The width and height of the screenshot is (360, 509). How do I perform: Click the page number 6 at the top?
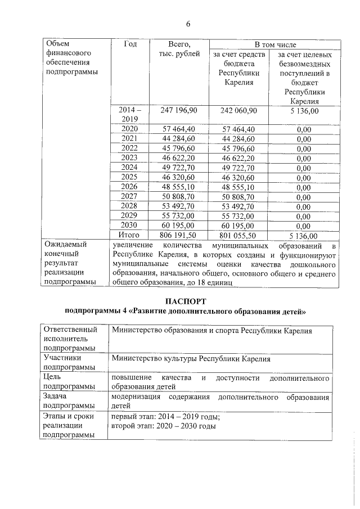[x=188, y=23]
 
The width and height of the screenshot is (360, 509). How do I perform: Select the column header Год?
[x=130, y=44]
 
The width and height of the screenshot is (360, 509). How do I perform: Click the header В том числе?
[x=275, y=44]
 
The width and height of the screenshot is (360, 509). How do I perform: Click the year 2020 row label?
[x=130, y=129]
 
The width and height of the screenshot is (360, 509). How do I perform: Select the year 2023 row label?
[x=130, y=158]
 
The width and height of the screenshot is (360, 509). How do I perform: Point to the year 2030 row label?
[x=130, y=226]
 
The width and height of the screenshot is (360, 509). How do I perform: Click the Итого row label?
[x=130, y=235]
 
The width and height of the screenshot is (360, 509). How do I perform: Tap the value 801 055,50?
[x=239, y=236]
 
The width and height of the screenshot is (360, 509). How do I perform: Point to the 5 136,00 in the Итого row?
[x=304, y=236]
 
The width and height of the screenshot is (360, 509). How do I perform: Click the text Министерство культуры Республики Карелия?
[x=191, y=358]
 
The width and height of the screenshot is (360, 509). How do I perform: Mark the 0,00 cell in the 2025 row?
[x=304, y=178]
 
